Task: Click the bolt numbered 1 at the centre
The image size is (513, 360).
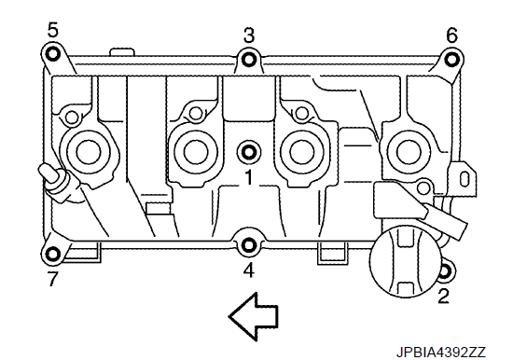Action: [249, 152]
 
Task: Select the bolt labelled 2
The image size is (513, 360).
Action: [446, 271]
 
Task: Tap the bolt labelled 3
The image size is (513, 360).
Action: [249, 60]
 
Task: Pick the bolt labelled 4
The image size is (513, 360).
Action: [249, 245]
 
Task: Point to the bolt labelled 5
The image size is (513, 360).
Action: [52, 54]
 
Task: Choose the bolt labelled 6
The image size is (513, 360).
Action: [451, 60]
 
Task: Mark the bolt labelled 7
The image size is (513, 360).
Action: [53, 254]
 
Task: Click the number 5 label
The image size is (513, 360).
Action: [52, 30]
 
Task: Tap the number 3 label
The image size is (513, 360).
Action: [249, 35]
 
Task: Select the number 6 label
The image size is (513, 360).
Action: [451, 35]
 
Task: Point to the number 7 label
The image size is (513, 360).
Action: [52, 279]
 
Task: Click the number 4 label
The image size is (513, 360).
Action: [249, 270]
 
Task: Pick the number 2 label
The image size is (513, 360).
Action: [443, 296]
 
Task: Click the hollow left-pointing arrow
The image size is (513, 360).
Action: [254, 317]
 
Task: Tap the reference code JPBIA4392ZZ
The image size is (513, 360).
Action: [440, 353]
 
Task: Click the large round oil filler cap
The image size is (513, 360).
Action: [405, 261]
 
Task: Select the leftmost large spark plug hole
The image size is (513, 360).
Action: [89, 151]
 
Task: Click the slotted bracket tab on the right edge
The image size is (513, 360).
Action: [463, 179]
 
